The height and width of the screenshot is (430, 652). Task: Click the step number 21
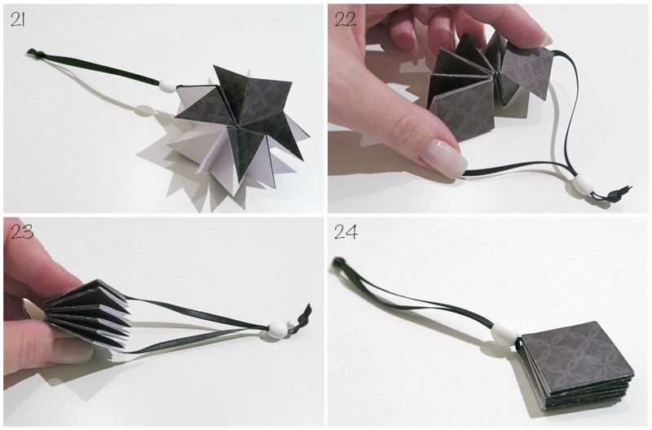click(18, 19)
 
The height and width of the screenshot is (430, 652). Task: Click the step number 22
click(345, 20)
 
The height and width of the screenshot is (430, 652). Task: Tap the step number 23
click(22, 232)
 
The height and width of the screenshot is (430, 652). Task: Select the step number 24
click(346, 232)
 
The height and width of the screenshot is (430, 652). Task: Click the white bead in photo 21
click(167, 86)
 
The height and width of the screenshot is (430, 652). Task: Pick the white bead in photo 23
click(276, 328)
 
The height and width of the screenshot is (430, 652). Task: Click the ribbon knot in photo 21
click(32, 52)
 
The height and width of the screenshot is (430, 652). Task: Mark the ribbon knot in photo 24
click(339, 261)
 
